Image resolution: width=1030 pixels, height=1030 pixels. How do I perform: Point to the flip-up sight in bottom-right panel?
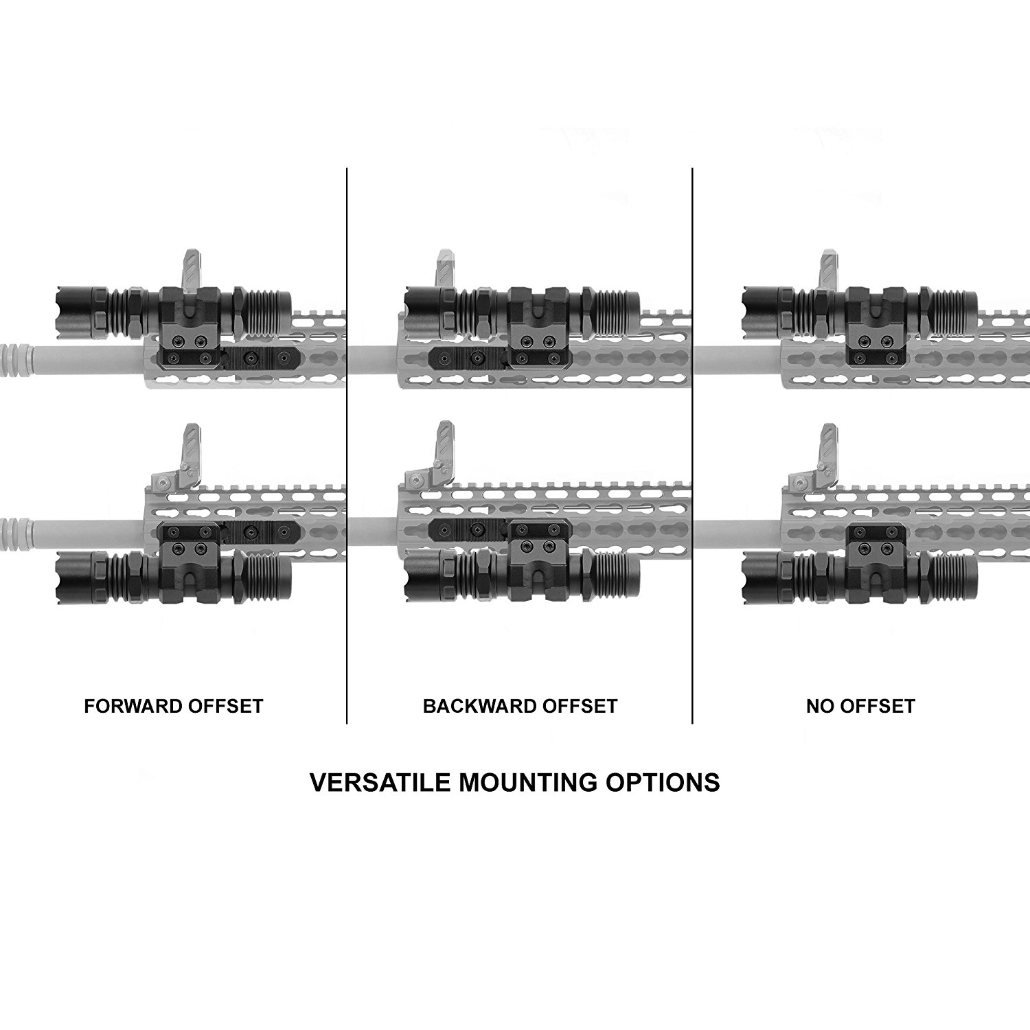click(827, 448)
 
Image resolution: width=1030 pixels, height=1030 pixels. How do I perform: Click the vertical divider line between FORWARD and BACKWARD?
click(347, 446)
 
